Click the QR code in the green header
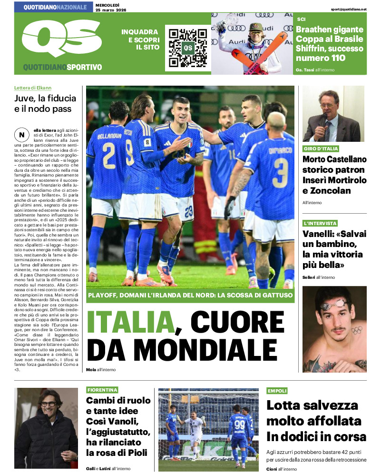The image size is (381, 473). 188,48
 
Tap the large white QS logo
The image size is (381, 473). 58,39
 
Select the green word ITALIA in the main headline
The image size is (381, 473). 129,323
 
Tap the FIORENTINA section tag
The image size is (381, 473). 102,390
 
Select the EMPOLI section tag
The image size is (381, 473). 277,391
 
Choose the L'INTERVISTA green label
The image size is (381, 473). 320,223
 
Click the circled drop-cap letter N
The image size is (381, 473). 22,135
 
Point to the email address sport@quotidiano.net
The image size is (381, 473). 349,9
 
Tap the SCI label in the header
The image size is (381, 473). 301,19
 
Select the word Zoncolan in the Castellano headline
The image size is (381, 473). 327,191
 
